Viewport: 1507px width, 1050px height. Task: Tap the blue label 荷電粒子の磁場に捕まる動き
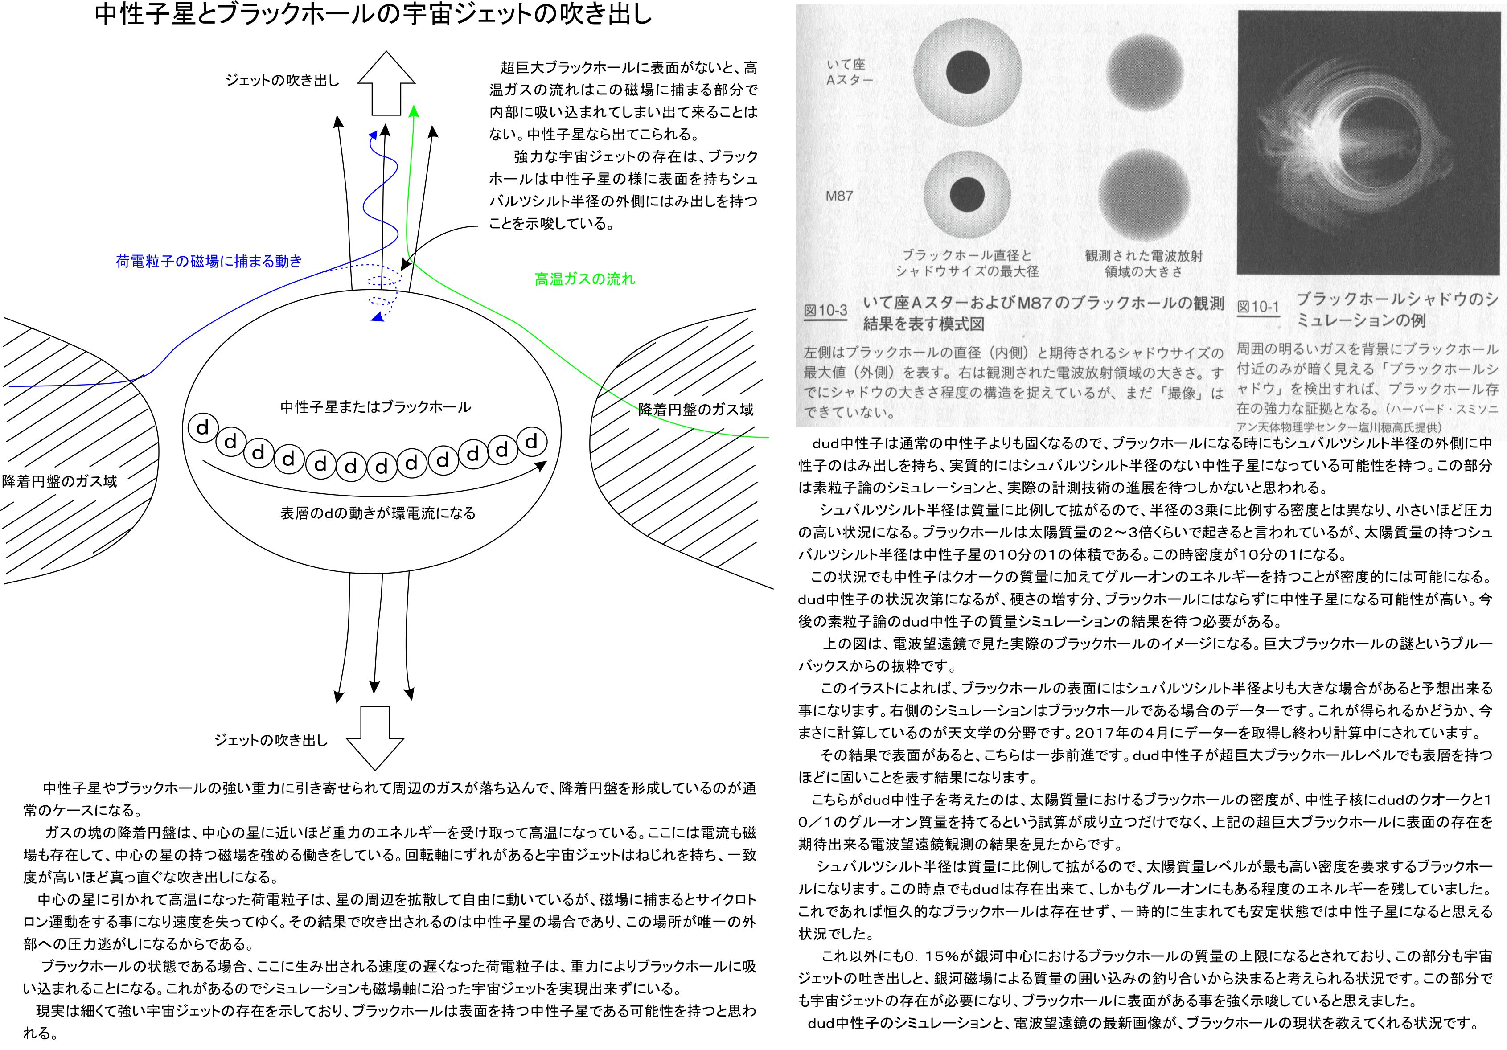[209, 261]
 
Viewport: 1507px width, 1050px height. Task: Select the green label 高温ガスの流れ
[585, 279]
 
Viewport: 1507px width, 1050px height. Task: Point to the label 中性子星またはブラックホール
[375, 407]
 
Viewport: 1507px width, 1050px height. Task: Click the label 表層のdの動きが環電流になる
[378, 513]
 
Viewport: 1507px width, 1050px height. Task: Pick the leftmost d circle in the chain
[203, 428]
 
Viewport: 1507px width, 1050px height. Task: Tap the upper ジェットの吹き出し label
[282, 80]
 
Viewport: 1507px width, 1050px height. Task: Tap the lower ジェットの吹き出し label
[271, 740]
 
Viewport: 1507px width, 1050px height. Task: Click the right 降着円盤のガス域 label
[696, 410]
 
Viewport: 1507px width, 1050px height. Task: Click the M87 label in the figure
[839, 196]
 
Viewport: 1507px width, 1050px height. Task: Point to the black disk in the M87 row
[967, 195]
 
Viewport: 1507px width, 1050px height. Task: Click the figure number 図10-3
[825, 310]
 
